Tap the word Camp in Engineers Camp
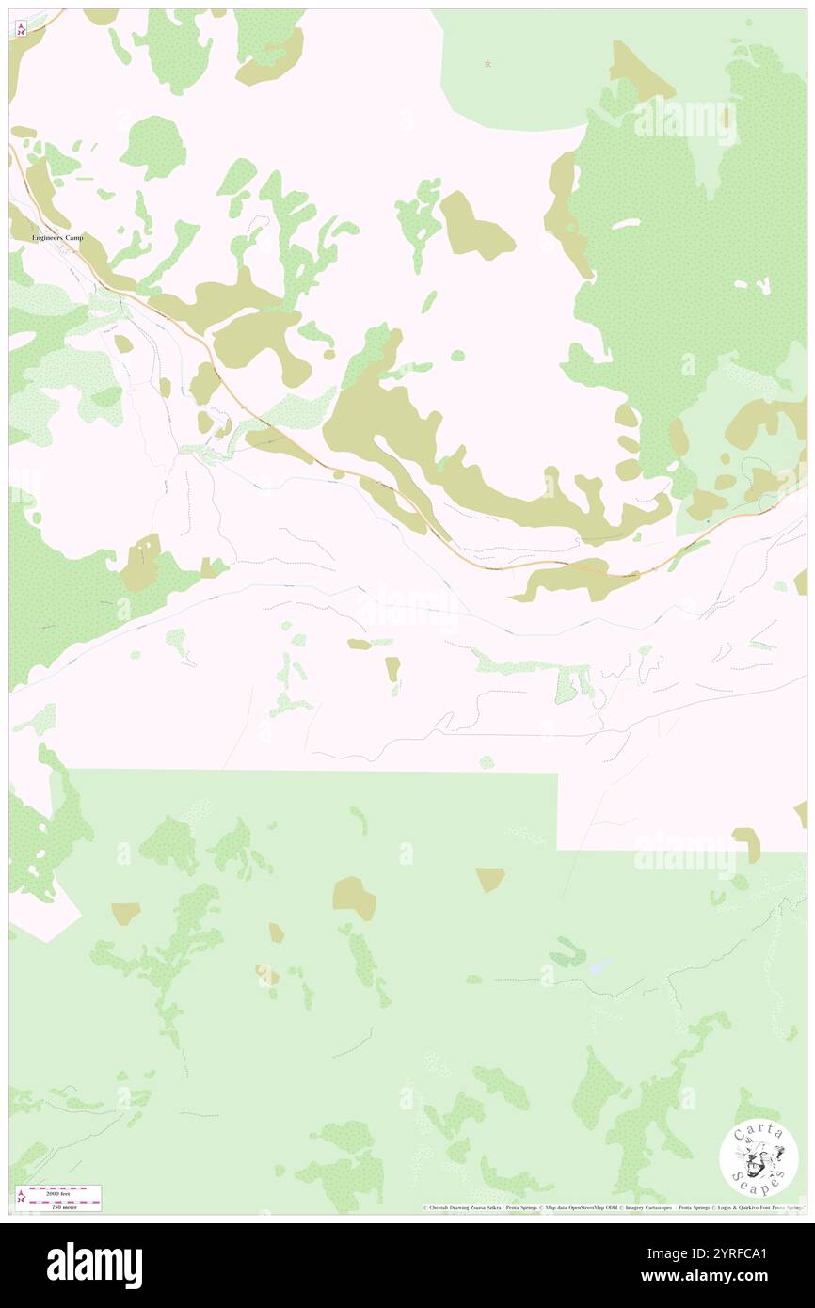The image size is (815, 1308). pos(74,238)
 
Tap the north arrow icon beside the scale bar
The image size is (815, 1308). pos(21,1199)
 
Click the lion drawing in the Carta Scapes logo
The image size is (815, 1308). pos(759,1160)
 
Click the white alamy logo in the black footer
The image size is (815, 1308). pos(95,1265)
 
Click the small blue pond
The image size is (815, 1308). pos(599,966)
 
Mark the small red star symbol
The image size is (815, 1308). pos(487,64)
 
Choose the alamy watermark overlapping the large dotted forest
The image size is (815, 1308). pos(685,122)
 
